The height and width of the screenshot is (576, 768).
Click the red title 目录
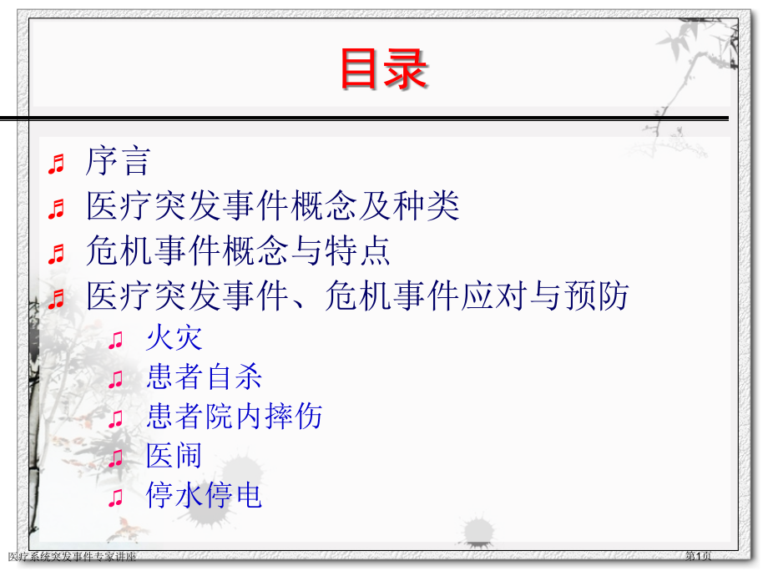tap(383, 69)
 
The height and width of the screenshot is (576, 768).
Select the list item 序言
tap(118, 162)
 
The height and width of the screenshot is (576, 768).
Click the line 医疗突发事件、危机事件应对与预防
tap(357, 296)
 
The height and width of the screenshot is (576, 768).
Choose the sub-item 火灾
tap(174, 338)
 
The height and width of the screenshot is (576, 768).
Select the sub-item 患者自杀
tap(204, 377)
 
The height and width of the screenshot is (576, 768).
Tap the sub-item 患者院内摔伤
tap(234, 417)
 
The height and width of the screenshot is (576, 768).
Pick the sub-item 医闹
tap(174, 456)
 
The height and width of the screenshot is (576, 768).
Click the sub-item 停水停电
tap(204, 496)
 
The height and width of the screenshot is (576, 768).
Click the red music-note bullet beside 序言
tap(57, 164)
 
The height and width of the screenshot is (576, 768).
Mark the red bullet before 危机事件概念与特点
tap(57, 253)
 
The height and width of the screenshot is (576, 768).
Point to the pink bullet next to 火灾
tap(116, 340)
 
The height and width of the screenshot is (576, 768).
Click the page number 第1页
tap(699, 556)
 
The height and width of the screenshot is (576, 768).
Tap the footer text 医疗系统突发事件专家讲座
tap(72, 557)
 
